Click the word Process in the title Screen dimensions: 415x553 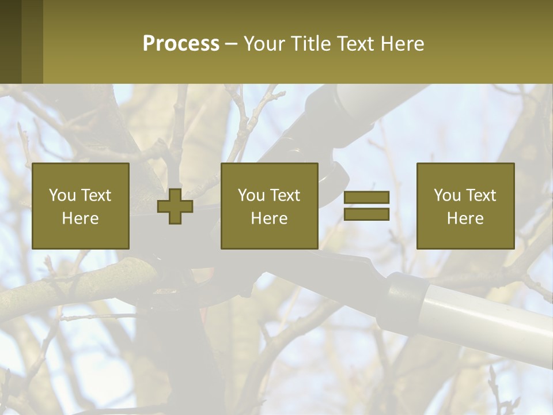tap(181, 44)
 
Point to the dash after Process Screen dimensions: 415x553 tap(231, 44)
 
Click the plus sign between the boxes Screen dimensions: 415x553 tap(175, 206)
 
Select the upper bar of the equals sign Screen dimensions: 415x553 tap(366, 198)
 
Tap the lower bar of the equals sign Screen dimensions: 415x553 tap(366, 214)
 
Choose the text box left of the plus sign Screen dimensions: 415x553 tap(80, 206)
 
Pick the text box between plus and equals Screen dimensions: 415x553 tap(269, 206)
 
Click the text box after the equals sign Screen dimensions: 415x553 tap(465, 206)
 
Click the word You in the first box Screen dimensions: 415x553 tap(62, 195)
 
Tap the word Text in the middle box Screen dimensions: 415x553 tap(286, 195)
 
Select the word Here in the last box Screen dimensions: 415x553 tap(465, 218)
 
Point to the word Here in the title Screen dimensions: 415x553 tap(404, 44)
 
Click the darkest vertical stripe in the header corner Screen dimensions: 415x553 tap(10, 41)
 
